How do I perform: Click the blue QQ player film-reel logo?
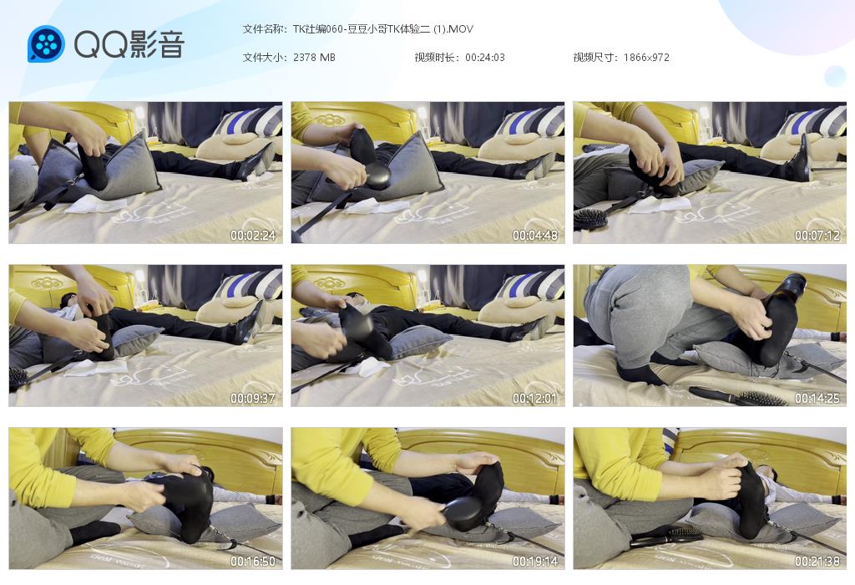(x=47, y=44)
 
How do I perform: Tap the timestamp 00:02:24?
(x=253, y=235)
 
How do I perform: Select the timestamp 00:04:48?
(x=535, y=235)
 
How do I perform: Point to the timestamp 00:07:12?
(x=817, y=235)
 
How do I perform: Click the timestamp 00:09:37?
(x=253, y=399)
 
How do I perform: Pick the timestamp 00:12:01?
(x=535, y=399)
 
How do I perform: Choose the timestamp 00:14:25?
(x=817, y=399)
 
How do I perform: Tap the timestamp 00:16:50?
(x=253, y=561)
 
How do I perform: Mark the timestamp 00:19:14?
(x=535, y=561)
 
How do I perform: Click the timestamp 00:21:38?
(x=817, y=561)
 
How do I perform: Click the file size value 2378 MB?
(x=314, y=58)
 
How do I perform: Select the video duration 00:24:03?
(x=485, y=58)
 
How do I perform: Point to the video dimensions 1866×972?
(x=646, y=58)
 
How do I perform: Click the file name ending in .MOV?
(x=382, y=29)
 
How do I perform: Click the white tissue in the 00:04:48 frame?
(x=377, y=206)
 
